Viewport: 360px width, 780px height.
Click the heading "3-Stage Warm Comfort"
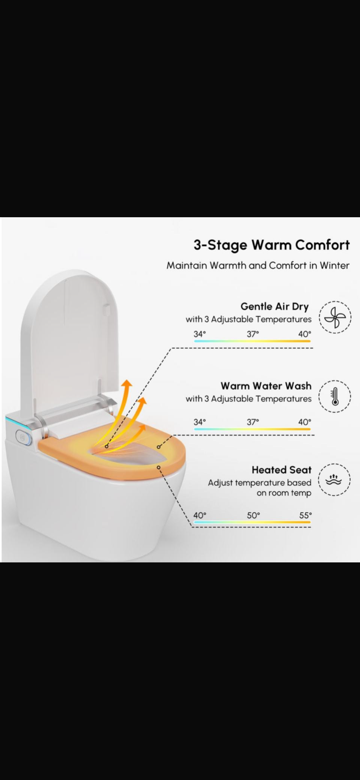271,245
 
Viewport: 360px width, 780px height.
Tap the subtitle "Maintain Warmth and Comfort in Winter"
258,266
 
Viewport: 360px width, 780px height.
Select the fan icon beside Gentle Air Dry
335,317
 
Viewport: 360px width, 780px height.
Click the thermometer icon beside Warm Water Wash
335,397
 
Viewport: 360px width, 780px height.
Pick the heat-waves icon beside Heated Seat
334,480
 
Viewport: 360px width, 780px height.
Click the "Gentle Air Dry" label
274,307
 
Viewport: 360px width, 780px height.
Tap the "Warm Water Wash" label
266,386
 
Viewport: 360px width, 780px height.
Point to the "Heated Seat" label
282,470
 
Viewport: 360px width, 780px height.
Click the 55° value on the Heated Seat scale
305,515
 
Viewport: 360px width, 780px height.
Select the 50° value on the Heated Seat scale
253,515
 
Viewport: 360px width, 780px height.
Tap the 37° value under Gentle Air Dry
253,334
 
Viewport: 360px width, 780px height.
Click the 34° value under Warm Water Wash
199,422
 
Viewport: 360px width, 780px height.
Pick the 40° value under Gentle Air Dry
305,334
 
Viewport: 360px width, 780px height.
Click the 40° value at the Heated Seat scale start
199,515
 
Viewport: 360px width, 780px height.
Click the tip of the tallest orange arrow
128,380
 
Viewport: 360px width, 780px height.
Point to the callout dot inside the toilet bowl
107,446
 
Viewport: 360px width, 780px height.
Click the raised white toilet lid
71,338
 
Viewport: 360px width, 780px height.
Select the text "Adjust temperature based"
259,483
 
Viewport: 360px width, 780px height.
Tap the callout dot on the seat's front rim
159,467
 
